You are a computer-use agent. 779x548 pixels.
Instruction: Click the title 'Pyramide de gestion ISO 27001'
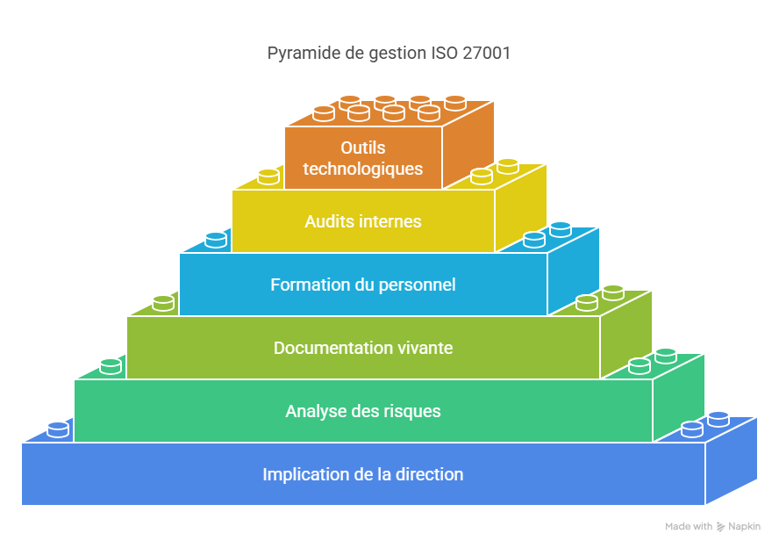point(389,53)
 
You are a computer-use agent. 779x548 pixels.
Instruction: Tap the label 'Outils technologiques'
point(363,158)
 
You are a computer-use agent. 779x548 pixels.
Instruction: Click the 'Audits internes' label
point(363,221)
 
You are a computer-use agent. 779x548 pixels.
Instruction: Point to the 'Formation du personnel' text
point(363,285)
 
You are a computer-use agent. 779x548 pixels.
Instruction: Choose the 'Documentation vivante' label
point(363,348)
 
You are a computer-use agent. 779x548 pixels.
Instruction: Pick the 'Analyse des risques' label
point(363,411)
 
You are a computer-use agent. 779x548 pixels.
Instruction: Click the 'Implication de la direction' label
point(363,474)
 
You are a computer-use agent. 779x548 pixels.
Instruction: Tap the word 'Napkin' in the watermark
point(745,527)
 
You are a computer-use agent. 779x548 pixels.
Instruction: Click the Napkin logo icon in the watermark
point(721,527)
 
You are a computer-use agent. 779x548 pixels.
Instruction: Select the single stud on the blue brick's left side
point(58,429)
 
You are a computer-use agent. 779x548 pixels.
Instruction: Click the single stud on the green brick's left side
point(111,365)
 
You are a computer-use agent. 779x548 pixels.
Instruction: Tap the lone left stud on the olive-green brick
point(163,302)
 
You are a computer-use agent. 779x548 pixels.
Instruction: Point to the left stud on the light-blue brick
point(216,239)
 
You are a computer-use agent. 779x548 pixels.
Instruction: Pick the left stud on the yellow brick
point(268,176)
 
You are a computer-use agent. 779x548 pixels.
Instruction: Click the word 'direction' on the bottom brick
point(429,474)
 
